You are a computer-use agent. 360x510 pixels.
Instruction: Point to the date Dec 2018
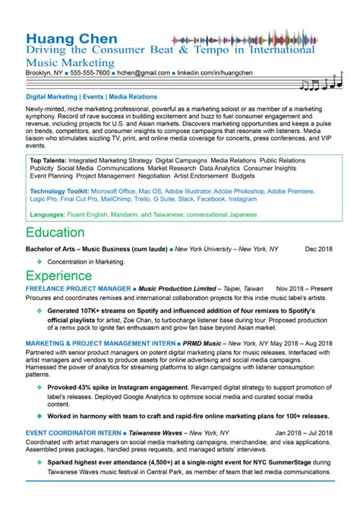click(320, 249)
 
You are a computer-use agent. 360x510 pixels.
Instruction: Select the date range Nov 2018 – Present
click(305, 290)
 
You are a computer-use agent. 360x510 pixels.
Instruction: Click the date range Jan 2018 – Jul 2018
click(303, 432)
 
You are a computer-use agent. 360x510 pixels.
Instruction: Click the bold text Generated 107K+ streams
click(91, 311)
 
